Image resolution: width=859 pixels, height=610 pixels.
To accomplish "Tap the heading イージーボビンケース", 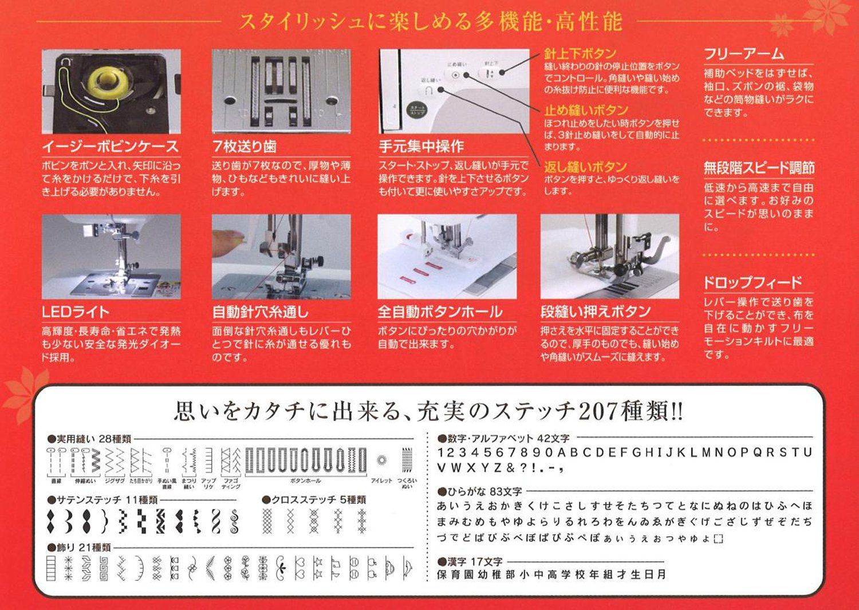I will point(110,147).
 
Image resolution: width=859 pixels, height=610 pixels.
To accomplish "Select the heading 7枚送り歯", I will point(245,147).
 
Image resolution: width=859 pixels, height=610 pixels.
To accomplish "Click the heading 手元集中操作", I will point(421,147).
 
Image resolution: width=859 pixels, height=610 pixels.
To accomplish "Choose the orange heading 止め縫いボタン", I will point(585,110).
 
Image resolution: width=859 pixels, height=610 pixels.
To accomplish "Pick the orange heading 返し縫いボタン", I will point(585,167).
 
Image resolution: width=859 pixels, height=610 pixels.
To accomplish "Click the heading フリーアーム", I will point(743,54).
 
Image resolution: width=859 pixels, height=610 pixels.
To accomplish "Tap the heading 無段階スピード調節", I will point(758,168).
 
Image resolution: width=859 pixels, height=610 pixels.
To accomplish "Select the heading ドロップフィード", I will point(752,282).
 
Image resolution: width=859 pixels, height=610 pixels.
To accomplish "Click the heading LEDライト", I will point(75,312).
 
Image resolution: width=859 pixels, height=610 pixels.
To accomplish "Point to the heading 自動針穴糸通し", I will point(260,312).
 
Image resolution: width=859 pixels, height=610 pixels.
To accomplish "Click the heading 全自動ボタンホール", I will point(439,312).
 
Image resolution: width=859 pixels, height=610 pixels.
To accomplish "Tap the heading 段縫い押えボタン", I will point(596,312).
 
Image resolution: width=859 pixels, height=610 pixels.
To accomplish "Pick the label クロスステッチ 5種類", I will point(318,499).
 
